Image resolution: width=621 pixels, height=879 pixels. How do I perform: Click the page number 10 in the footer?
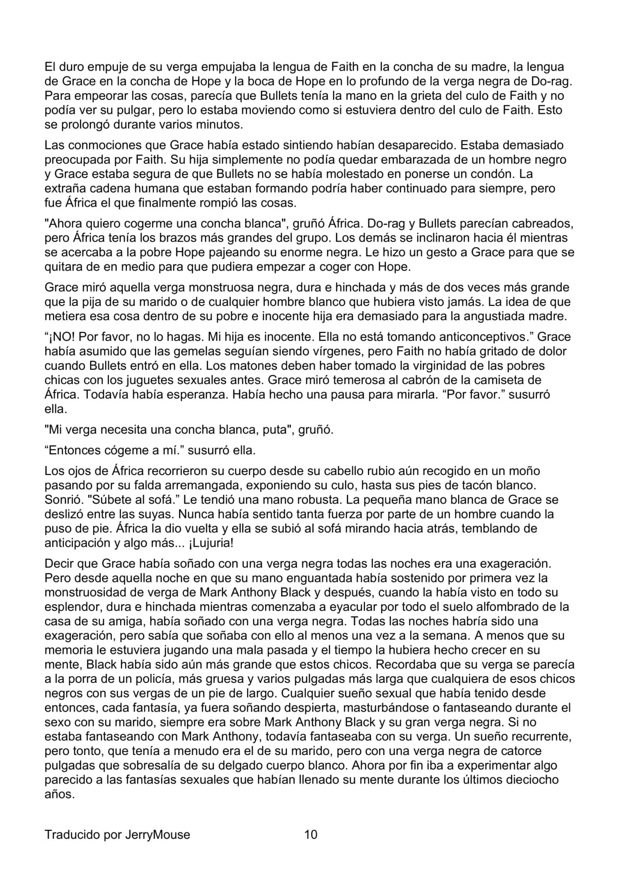point(310,835)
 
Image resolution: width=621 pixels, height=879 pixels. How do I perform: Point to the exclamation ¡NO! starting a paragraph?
point(60,336)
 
